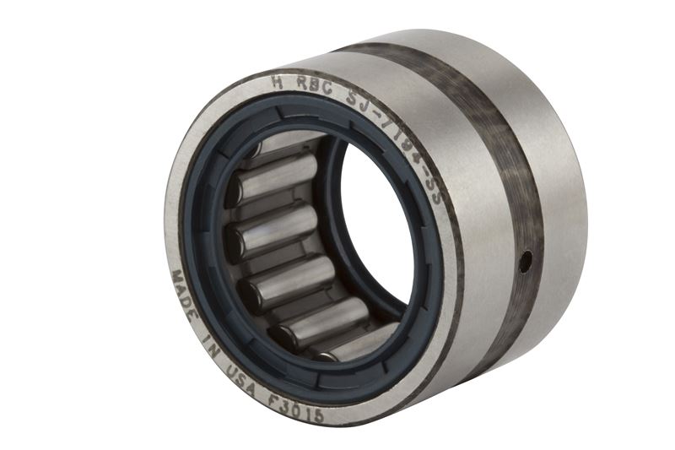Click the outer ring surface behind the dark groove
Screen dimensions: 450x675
point(548,169)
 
